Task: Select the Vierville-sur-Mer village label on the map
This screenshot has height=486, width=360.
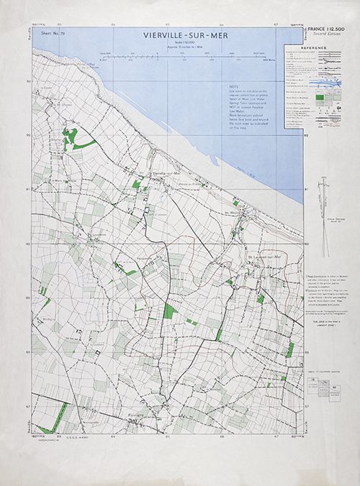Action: (165, 174)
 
